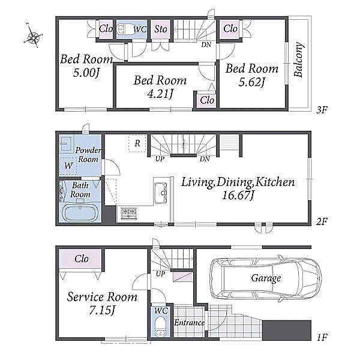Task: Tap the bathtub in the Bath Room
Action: tap(80, 213)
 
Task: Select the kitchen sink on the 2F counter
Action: tap(161, 193)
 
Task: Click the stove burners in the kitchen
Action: tap(129, 213)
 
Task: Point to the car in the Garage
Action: tap(266, 278)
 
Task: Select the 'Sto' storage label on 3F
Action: tap(160, 29)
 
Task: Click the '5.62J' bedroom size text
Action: tap(251, 82)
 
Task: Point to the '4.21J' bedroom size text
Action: tap(160, 94)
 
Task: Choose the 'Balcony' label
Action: tap(299, 59)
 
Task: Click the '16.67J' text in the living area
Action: tap(238, 196)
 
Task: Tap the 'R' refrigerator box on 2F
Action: tap(137, 143)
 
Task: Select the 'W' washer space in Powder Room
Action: tap(68, 166)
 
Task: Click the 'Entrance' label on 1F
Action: tap(190, 323)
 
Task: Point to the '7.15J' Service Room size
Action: tap(101, 311)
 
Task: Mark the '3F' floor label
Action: tap(322, 110)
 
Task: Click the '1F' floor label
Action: tap(322, 337)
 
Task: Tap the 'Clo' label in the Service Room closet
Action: tap(82, 259)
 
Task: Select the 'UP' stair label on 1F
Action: tap(160, 274)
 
